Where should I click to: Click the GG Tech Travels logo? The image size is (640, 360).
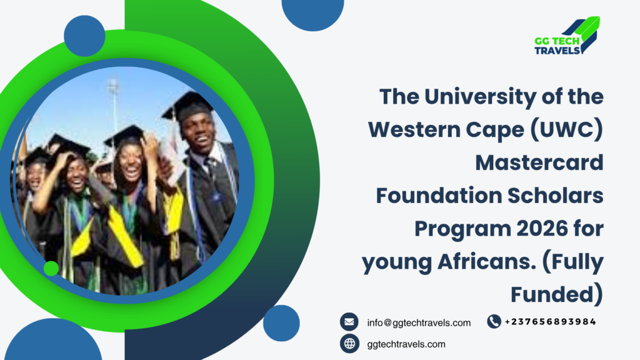[567, 36]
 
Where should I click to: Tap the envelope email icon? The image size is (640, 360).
[349, 322]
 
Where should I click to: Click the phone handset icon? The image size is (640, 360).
[494, 322]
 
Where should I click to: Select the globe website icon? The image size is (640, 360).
[349, 344]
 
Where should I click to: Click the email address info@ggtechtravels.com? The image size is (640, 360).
[419, 323]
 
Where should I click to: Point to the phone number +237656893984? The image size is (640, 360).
[550, 322]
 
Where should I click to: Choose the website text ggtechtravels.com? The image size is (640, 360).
[406, 344]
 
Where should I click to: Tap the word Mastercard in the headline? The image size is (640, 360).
[539, 162]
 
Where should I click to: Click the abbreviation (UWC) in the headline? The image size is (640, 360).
[566, 130]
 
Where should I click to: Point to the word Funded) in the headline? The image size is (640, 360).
[557, 294]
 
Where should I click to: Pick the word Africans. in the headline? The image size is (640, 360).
[486, 262]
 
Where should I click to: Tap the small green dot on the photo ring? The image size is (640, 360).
[51, 268]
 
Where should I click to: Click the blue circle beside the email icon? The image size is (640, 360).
[281, 323]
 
